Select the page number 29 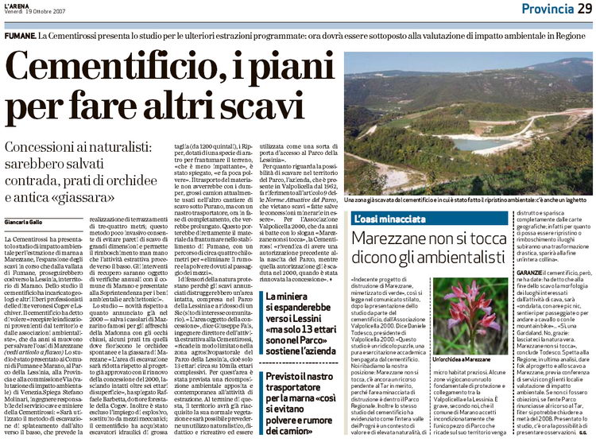coord(583,9)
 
